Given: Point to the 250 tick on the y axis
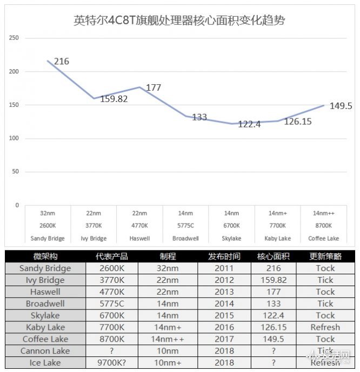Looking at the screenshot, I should point(14,38).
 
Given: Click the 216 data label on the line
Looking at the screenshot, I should point(62,62).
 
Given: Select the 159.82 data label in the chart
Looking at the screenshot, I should point(114,99).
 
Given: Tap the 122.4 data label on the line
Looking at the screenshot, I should point(249,124).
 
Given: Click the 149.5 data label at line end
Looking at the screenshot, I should point(341,106).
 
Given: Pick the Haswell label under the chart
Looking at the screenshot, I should point(140,239).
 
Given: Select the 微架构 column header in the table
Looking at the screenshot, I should point(45,256).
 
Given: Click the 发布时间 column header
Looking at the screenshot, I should point(224,256).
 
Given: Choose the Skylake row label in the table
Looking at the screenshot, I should point(45,315).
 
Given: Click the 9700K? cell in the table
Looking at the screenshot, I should point(111,363).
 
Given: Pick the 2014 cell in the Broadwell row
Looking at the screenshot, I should point(224,303).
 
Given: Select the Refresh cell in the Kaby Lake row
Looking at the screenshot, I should point(325,327).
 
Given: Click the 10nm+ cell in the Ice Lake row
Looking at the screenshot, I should point(168,363).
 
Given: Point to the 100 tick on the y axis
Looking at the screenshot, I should point(14,139).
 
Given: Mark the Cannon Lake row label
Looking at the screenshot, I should point(45,351).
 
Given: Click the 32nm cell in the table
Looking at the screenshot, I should point(168,268).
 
